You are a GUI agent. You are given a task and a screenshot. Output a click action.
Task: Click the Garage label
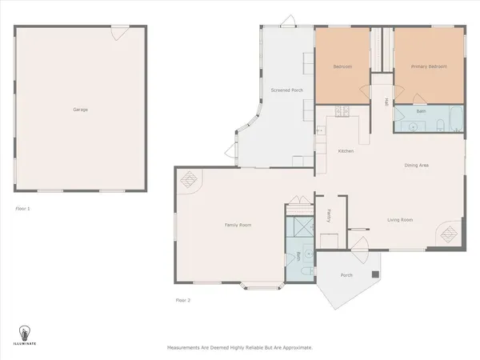tap(79, 109)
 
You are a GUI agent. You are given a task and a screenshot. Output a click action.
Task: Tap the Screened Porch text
tap(286, 90)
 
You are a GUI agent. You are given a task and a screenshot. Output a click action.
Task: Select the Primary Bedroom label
tap(429, 66)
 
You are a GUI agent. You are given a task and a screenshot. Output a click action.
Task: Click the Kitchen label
tap(346, 150)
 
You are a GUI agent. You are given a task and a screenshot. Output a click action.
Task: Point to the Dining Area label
tap(417, 165)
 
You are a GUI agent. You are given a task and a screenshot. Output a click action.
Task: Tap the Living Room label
tap(399, 219)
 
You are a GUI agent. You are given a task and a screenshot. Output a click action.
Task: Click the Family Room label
tap(238, 226)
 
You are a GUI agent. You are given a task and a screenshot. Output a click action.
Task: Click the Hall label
tap(385, 102)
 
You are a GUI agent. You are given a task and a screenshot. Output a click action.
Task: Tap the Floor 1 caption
tap(22, 208)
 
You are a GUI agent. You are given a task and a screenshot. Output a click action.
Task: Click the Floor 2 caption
tap(183, 300)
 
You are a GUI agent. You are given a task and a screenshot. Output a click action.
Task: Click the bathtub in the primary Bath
tap(454, 122)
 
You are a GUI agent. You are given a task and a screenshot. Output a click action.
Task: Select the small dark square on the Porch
tap(374, 274)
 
